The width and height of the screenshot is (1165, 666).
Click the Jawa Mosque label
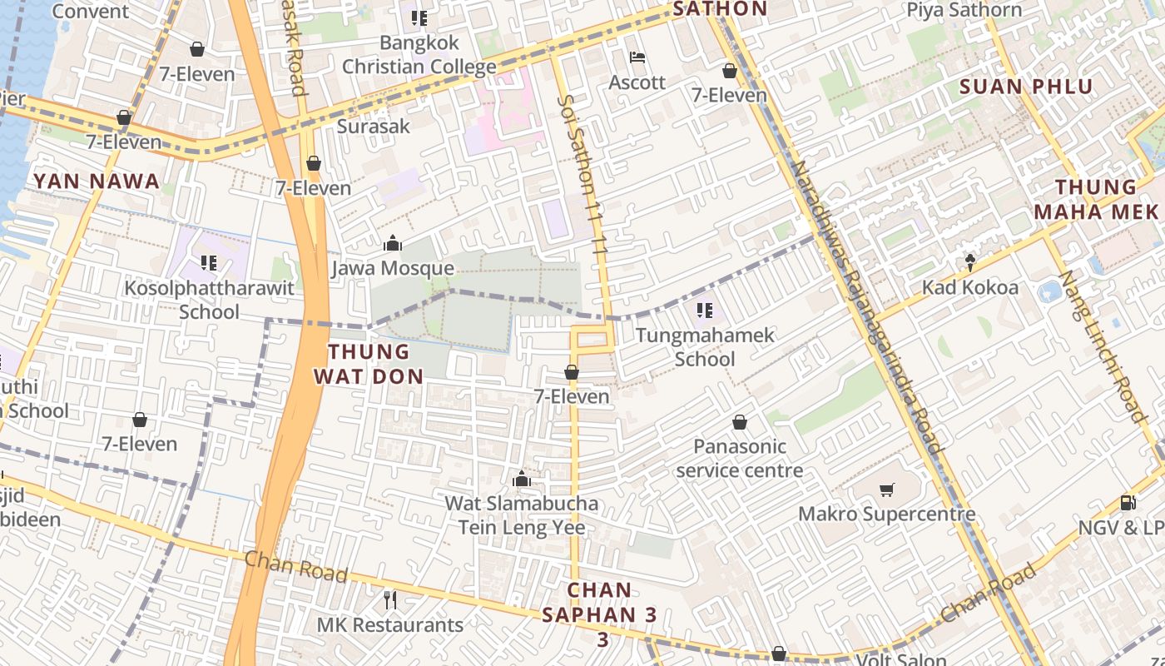(x=392, y=268)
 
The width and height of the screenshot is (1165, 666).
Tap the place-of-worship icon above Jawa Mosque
(x=392, y=244)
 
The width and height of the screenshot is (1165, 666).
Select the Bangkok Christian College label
(x=419, y=54)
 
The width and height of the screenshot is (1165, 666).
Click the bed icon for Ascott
(x=637, y=58)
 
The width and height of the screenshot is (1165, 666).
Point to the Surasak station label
(x=374, y=127)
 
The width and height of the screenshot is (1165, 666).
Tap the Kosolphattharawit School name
(x=209, y=300)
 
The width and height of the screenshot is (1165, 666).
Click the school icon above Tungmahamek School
(x=705, y=311)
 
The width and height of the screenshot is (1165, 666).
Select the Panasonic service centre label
(x=739, y=458)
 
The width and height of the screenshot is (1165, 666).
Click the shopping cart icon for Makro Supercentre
(x=887, y=490)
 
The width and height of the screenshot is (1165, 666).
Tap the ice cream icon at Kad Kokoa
(x=970, y=263)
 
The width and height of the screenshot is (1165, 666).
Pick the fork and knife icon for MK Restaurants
(x=389, y=599)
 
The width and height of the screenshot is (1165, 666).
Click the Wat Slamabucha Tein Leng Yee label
(x=522, y=515)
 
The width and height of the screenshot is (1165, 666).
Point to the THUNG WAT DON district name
(x=368, y=364)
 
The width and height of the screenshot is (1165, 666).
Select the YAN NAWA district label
(x=96, y=181)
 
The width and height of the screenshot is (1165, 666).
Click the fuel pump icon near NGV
(x=1128, y=503)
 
